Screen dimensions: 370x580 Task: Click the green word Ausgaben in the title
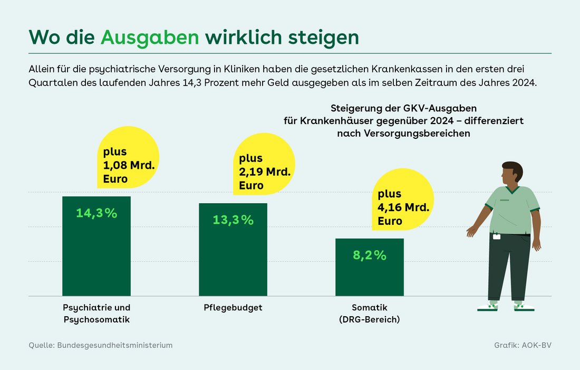[x=150, y=37]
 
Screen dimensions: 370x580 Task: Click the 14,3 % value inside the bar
[x=96, y=213]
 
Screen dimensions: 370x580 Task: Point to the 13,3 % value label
[x=233, y=220]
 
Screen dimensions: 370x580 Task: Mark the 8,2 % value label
[x=370, y=255]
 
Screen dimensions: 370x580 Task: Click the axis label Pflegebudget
[x=233, y=307]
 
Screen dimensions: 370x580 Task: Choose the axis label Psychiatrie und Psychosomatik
[x=96, y=314]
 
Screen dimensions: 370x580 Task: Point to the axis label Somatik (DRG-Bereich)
[x=370, y=314]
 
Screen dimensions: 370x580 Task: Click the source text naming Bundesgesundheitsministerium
[x=101, y=345]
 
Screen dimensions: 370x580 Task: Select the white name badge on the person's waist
[x=497, y=236]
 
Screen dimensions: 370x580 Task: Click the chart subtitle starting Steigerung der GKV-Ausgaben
[x=403, y=121]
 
